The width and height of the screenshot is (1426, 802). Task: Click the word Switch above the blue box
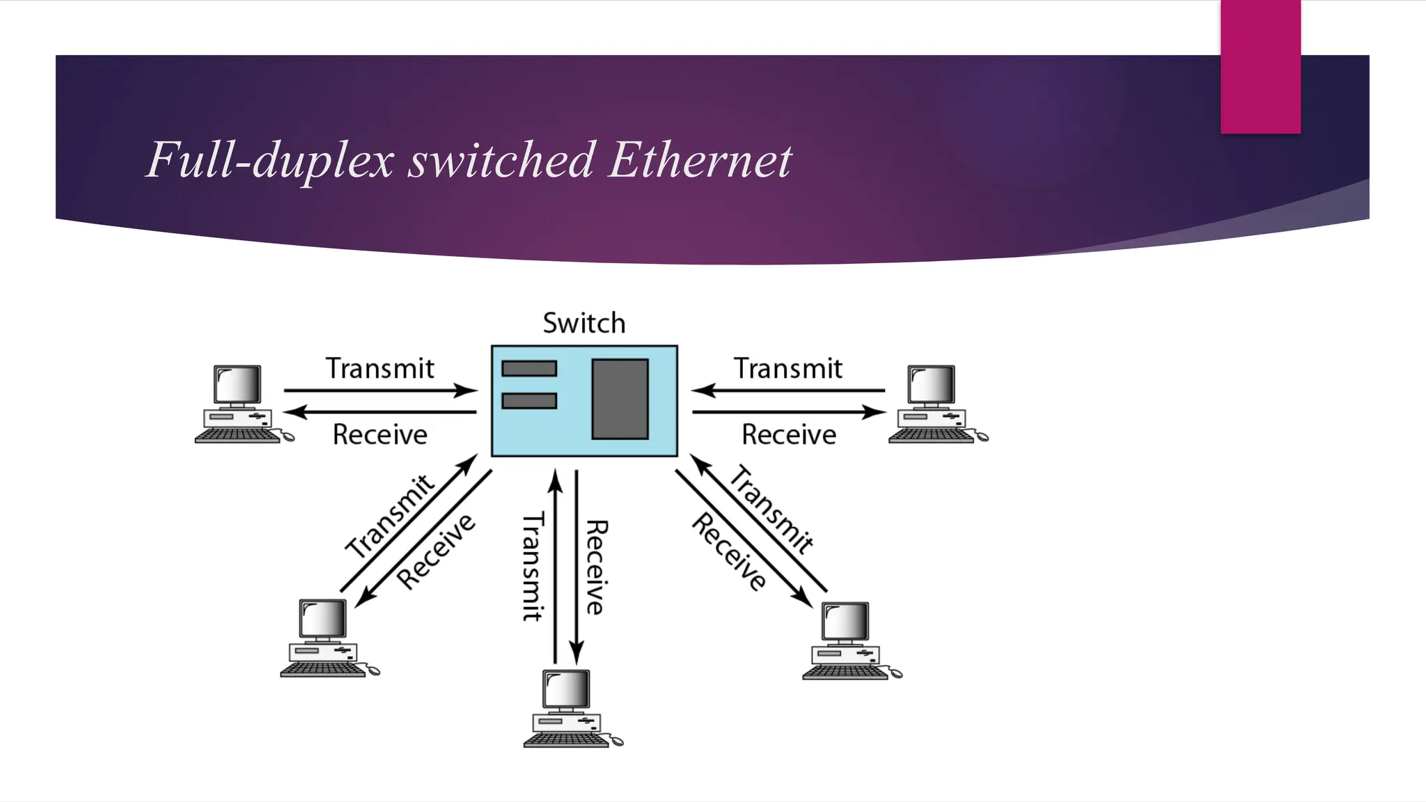click(583, 324)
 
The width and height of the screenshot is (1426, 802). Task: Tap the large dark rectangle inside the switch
click(620, 399)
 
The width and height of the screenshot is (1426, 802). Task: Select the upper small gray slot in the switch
click(529, 368)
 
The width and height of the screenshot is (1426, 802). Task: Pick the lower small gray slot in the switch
click(529, 401)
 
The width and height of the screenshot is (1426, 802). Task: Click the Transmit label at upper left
click(380, 368)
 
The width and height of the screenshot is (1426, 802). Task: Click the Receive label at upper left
click(380, 434)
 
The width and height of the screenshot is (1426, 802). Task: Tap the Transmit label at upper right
click(788, 368)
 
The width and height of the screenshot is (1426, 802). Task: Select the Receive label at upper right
click(789, 434)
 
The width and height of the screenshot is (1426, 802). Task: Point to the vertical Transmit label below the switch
click(533, 566)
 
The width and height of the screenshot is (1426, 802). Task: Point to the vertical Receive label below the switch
click(596, 567)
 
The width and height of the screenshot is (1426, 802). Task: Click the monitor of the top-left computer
click(237, 385)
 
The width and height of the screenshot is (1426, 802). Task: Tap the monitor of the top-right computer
click(931, 385)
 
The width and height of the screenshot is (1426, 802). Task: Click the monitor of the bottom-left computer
click(323, 618)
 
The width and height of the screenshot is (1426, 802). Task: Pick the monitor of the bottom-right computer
click(845, 622)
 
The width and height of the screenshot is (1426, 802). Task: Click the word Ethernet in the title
click(700, 160)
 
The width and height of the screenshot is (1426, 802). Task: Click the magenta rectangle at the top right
click(1260, 66)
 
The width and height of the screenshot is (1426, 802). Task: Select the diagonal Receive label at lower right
click(729, 551)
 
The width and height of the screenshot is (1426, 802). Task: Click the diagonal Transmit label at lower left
click(391, 516)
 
